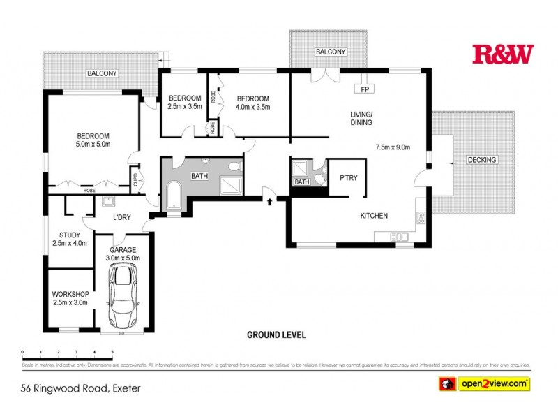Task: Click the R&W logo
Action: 502,54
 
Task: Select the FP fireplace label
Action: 364,89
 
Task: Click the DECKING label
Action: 482,160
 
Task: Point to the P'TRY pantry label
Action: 348,178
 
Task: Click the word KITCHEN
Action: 374,216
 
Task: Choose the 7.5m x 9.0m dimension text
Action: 393,147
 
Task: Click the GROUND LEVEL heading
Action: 276,335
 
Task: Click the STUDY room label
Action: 70,235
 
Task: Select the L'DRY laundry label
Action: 122,218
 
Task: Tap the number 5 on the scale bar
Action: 112,352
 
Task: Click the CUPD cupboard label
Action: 135,179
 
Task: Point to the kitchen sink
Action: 400,237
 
